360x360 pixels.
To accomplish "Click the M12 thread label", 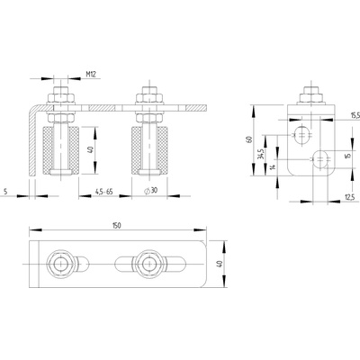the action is (91, 74).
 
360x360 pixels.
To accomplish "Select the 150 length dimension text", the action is (116, 226).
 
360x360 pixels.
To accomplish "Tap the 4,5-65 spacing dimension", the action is (104, 191).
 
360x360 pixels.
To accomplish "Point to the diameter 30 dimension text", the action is (151, 191).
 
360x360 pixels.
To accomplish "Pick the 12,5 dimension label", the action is (349, 197).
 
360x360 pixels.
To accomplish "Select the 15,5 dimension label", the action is (355, 115).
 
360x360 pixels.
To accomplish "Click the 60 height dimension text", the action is (248, 139).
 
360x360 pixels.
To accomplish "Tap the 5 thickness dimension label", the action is (5, 191).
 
